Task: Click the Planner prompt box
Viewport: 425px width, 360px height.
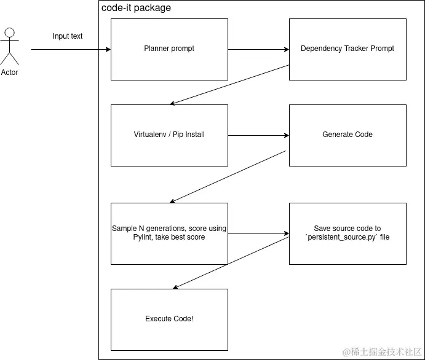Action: point(169,49)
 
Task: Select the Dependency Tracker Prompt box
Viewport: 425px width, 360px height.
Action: point(348,49)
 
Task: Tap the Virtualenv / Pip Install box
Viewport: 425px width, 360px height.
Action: point(169,135)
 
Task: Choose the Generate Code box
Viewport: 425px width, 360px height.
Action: point(348,135)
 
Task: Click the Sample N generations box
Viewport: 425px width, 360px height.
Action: point(169,233)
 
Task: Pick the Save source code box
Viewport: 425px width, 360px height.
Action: point(348,233)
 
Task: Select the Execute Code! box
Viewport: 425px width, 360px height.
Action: point(169,319)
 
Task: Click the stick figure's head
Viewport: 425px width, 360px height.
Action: point(9,32)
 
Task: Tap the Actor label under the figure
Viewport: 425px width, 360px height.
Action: point(10,72)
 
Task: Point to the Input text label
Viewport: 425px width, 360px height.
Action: point(68,36)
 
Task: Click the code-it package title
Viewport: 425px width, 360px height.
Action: point(136,8)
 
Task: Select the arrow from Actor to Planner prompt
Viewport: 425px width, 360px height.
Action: point(71,49)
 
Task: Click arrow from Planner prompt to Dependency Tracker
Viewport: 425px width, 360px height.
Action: point(258,49)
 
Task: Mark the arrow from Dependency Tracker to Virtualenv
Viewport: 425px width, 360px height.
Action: point(231,84)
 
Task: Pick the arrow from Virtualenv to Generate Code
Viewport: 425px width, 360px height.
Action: point(258,135)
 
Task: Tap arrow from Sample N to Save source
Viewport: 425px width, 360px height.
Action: point(258,233)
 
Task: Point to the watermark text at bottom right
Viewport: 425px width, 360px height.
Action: point(381,351)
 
